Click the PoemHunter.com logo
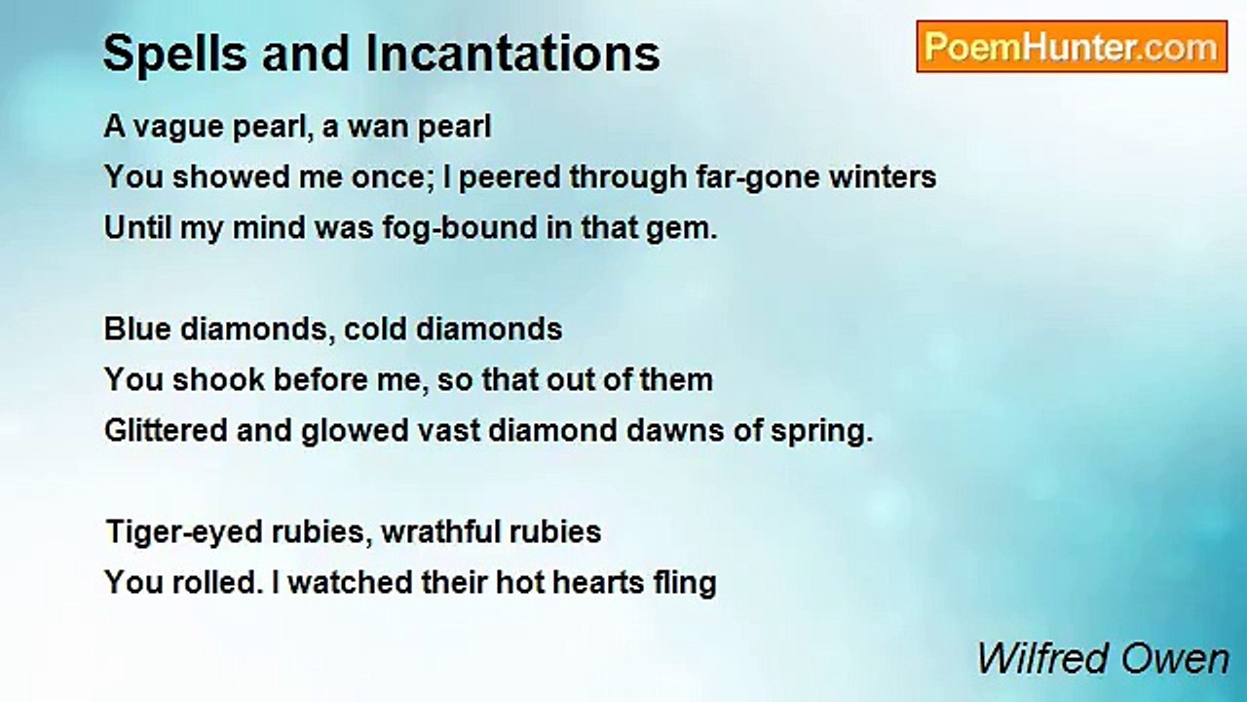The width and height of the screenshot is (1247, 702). pyautogui.click(x=1072, y=46)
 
